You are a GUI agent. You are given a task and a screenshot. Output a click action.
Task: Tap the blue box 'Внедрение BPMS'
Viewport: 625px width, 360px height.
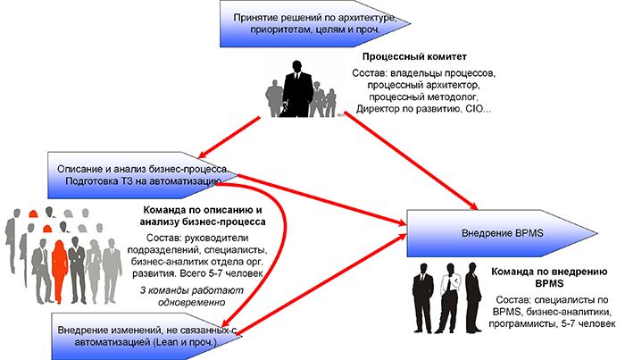point(496,233)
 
